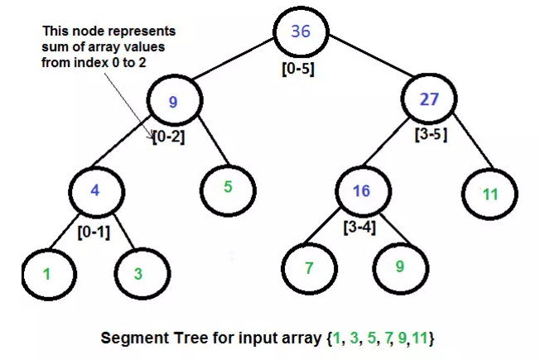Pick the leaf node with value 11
tap(489, 194)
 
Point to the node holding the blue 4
tap(96, 190)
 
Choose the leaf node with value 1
tap(47, 272)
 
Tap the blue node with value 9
tap(174, 103)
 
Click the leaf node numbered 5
tap(227, 187)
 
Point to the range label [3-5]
tap(431, 134)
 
